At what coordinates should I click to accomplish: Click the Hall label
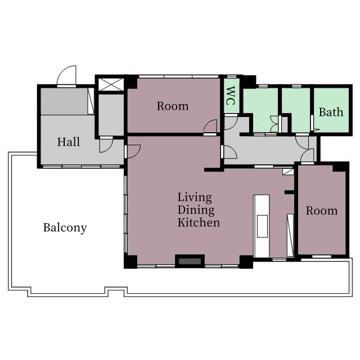coord(69,142)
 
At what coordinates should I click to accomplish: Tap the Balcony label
coord(65,228)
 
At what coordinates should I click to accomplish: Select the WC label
coord(230,96)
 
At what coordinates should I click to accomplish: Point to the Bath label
coord(331,112)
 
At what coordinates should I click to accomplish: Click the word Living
coord(195,197)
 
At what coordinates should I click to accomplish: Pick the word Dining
coord(196,210)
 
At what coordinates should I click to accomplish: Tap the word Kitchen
coord(199,223)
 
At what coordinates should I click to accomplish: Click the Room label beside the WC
coord(173,106)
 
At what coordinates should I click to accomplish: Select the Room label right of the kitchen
coord(322,211)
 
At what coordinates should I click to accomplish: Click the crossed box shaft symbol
coord(111,84)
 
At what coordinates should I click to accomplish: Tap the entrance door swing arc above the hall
coord(66,75)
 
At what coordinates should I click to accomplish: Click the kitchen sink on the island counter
coord(262,226)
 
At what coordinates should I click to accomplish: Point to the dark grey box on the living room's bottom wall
coord(190,261)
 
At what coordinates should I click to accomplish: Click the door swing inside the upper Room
coord(210,126)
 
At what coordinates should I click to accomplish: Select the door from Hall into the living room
coord(133,151)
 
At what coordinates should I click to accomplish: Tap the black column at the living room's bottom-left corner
coord(130,261)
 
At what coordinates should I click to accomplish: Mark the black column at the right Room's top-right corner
coord(341,166)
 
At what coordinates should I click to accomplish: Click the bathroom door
coord(313,123)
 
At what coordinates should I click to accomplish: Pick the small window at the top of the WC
coord(232,76)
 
